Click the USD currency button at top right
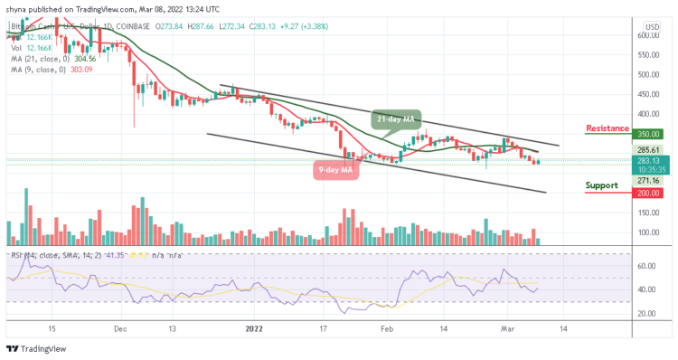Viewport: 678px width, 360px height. [x=649, y=25]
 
